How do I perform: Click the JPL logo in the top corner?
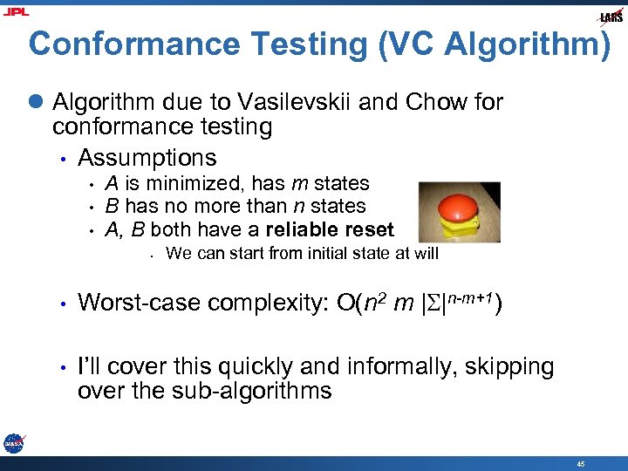(16, 11)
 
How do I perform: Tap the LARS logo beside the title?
(610, 17)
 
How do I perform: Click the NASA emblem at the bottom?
(13, 443)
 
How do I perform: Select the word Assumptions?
(147, 158)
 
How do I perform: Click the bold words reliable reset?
(335, 229)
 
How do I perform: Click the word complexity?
(266, 304)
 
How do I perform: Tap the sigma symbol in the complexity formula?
(433, 304)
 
